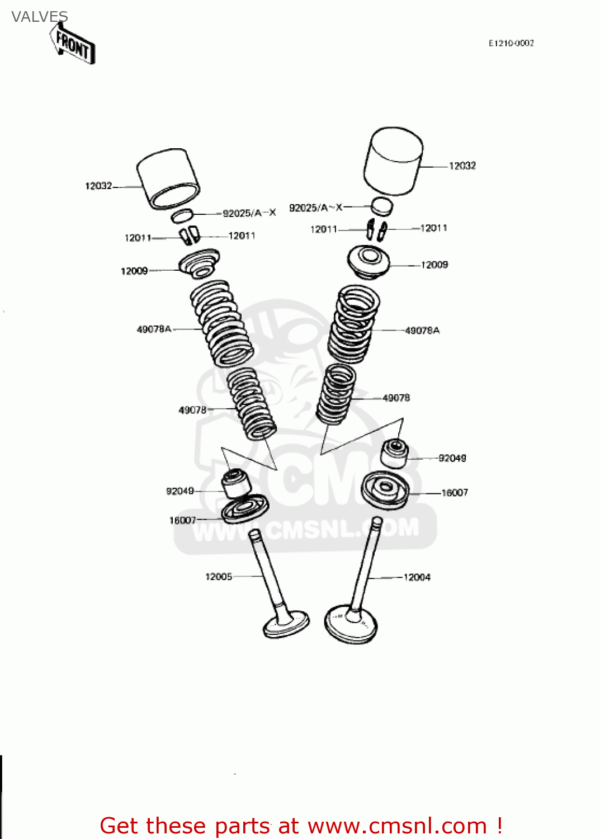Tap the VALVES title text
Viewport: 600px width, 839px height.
pos(39,17)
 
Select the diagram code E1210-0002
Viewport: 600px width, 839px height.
pos(511,43)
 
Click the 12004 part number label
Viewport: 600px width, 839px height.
pos(417,577)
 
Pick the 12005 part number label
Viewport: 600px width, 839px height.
pos(219,577)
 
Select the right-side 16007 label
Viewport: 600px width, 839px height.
pos(455,493)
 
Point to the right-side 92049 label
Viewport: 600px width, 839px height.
pos(452,458)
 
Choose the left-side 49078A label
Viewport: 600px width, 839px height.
pos(154,329)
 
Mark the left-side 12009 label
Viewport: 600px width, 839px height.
pos(134,271)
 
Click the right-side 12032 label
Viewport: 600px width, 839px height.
pos(462,166)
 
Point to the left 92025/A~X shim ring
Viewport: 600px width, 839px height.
pos(182,215)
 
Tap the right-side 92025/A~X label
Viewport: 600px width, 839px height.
pos(315,208)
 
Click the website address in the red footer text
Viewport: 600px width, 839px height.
pos(397,826)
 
